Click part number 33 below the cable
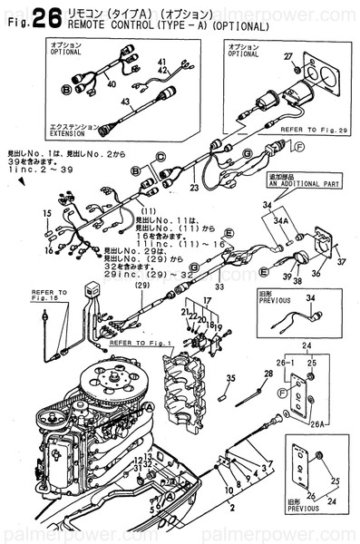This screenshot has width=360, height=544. tap(219, 287)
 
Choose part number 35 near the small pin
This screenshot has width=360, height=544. tap(230, 379)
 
